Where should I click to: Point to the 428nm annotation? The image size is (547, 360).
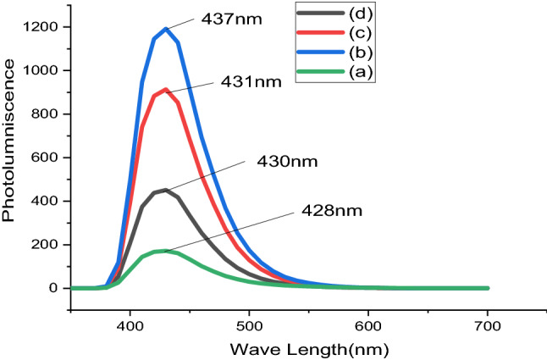click(321, 209)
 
